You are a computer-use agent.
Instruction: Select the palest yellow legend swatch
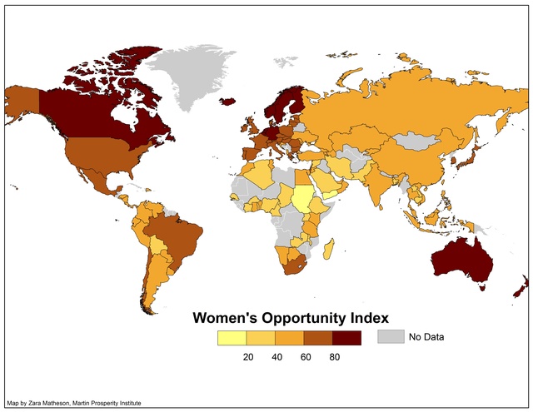pyautogui.click(x=232, y=338)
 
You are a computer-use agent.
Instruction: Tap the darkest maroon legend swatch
pyautogui.click(x=346, y=338)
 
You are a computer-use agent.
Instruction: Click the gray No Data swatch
pyautogui.click(x=390, y=337)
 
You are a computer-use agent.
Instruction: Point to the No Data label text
pyautogui.click(x=426, y=337)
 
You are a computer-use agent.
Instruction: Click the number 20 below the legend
pyautogui.click(x=247, y=356)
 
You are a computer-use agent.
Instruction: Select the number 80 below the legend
pyautogui.click(x=334, y=356)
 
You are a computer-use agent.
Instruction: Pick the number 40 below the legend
pyautogui.click(x=276, y=356)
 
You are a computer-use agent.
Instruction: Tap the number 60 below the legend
pyautogui.click(x=305, y=356)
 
